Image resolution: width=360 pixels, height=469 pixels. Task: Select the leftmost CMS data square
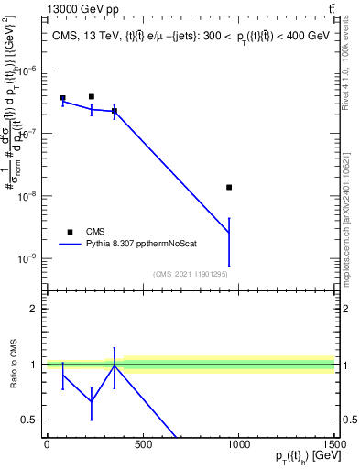62,98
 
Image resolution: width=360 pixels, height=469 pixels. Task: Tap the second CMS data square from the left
92,96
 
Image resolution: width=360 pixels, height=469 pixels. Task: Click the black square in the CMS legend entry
70,232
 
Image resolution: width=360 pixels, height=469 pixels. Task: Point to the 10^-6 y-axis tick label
28,70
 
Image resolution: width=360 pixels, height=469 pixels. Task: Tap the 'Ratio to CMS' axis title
12,365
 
